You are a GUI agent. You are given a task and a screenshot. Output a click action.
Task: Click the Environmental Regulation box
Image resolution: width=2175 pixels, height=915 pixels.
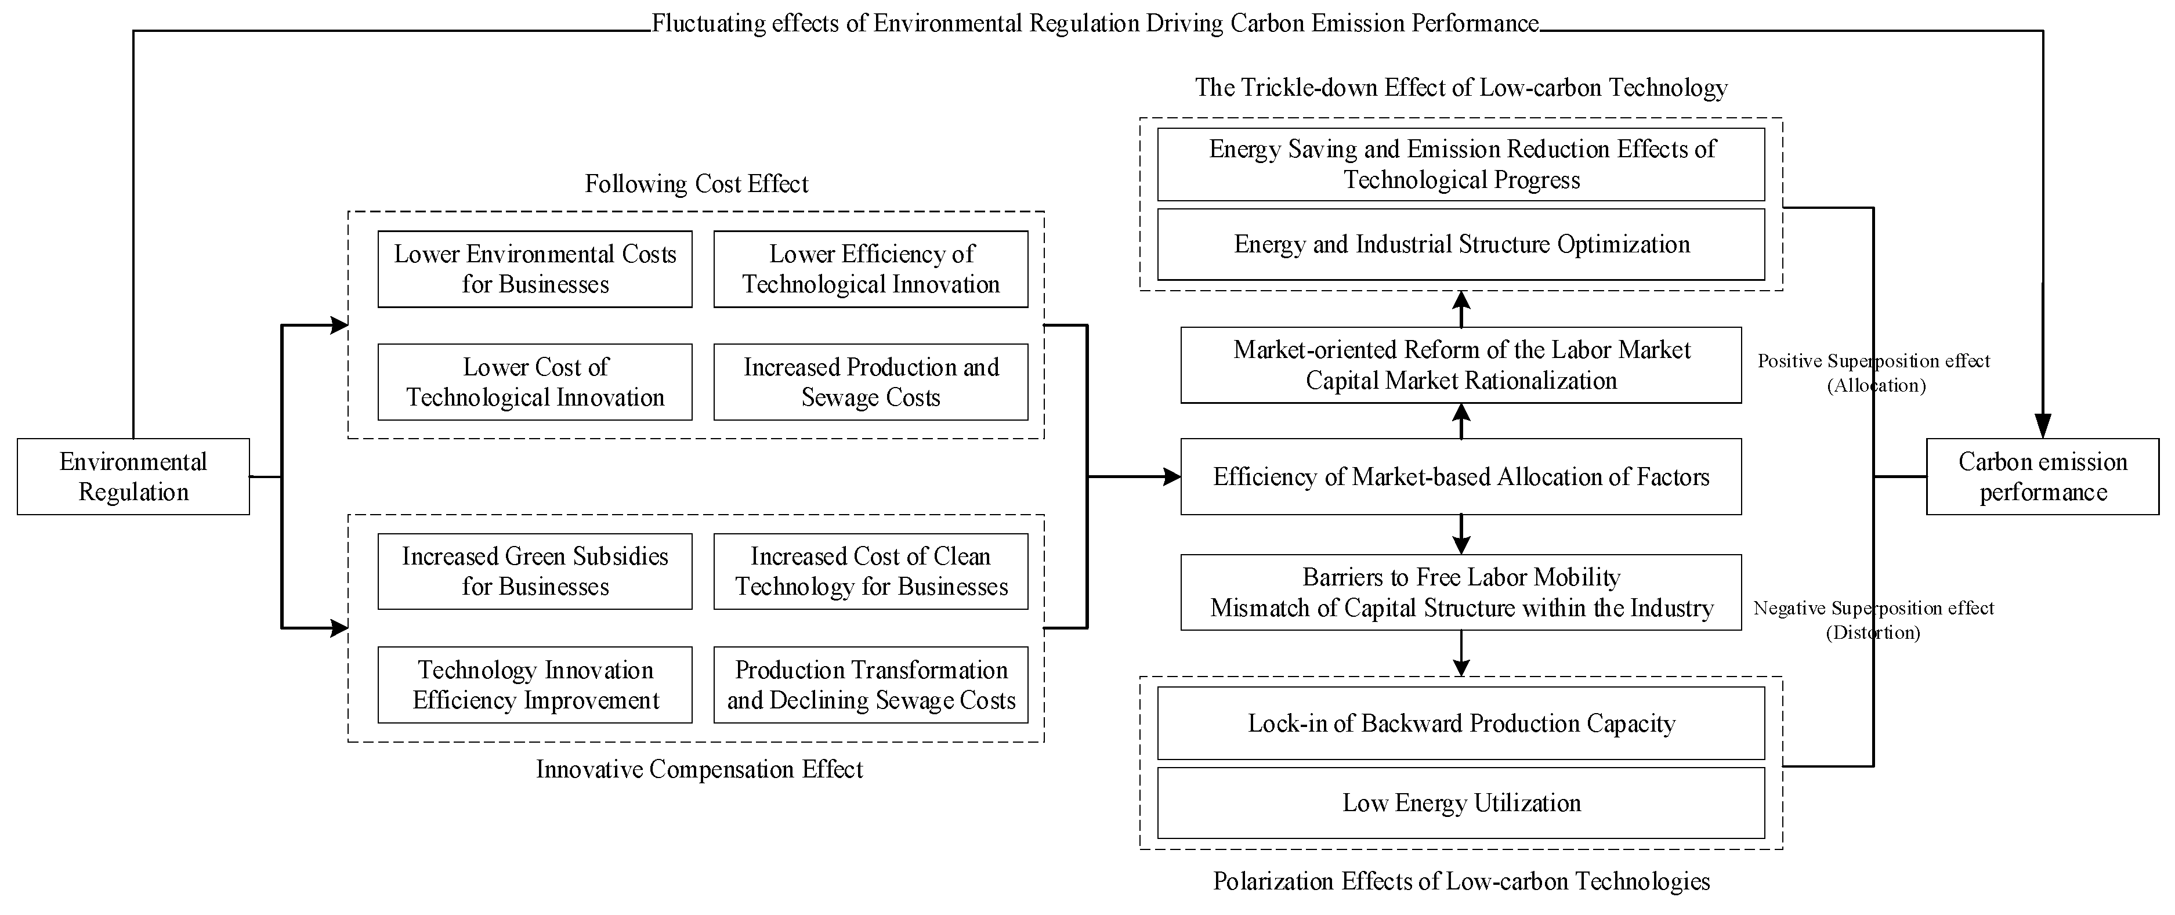pyautogui.click(x=133, y=476)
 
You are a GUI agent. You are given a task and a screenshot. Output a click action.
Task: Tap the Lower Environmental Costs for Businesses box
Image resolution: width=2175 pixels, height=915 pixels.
pyautogui.click(x=534, y=269)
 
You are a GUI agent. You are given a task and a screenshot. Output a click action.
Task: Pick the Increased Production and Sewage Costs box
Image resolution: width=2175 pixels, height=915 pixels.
pyautogui.click(x=870, y=382)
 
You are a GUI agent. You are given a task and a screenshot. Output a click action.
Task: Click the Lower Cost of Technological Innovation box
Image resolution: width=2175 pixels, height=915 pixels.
pyautogui.click(x=534, y=382)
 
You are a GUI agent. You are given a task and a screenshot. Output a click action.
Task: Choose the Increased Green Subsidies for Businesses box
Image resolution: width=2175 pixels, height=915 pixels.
pyautogui.click(x=534, y=572)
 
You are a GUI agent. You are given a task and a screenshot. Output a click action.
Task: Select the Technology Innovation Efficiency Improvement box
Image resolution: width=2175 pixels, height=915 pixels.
pyautogui.click(x=534, y=685)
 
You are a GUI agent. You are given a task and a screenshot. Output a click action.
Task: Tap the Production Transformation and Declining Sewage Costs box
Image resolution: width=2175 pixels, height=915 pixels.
pyautogui.click(x=870, y=685)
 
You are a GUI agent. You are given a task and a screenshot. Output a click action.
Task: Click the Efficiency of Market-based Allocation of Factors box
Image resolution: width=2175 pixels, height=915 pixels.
pyautogui.click(x=1461, y=476)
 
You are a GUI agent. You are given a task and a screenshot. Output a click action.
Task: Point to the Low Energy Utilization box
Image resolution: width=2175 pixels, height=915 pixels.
pyautogui.click(x=1461, y=803)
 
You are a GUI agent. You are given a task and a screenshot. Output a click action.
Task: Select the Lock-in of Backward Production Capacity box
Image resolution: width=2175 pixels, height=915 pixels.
pyautogui.click(x=1461, y=724)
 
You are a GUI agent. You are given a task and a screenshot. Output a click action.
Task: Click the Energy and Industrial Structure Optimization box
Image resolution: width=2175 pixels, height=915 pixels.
pyautogui.click(x=1461, y=245)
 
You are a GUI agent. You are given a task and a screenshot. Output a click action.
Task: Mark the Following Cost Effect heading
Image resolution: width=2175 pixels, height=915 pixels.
pyautogui.click(x=697, y=184)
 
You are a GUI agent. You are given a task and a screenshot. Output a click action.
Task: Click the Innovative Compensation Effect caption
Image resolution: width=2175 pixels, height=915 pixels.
pyautogui.click(x=699, y=769)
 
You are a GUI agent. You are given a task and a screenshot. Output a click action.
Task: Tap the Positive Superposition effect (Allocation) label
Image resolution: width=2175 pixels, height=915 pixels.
pyautogui.click(x=1873, y=372)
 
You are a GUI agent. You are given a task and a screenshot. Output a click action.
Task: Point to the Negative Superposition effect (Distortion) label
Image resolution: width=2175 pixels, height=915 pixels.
pyautogui.click(x=1873, y=620)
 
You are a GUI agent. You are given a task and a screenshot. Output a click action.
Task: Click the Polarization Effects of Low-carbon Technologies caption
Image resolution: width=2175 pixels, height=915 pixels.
pyautogui.click(x=1461, y=881)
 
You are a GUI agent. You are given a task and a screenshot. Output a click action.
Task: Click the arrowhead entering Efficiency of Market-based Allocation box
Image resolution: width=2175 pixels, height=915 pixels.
pyautogui.click(x=1172, y=477)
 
